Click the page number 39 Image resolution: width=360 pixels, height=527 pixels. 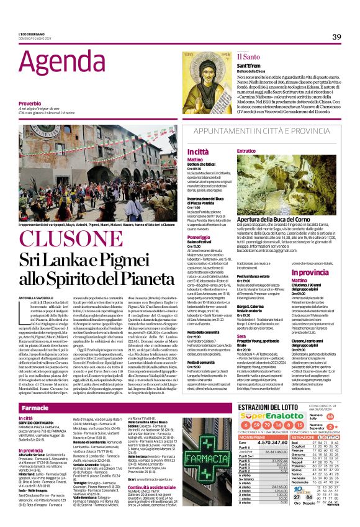click(x=336, y=37)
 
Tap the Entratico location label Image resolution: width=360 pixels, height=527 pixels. click(x=246, y=151)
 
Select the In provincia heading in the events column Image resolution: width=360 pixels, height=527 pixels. click(x=327, y=273)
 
